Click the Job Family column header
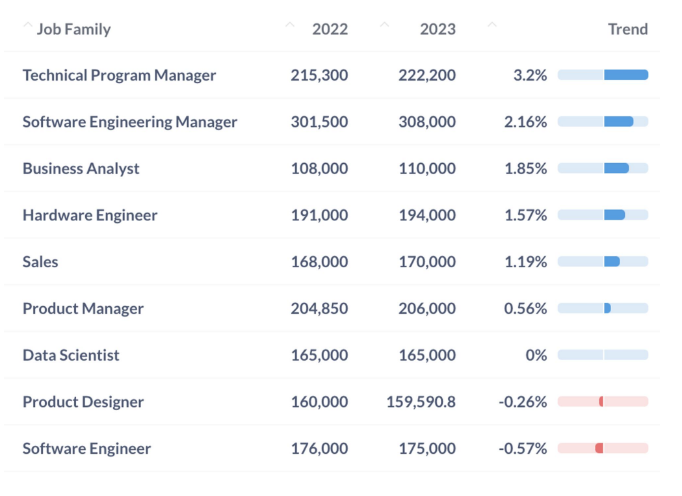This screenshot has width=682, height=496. (73, 29)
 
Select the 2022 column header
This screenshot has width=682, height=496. (330, 29)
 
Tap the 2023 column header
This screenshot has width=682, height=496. (438, 29)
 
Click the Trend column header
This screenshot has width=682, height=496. (627, 29)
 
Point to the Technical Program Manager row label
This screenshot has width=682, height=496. (119, 75)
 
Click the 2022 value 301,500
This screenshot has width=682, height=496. (319, 122)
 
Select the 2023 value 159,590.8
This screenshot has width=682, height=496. (421, 402)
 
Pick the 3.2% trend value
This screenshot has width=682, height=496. (530, 75)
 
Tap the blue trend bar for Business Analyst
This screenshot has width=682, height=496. (616, 168)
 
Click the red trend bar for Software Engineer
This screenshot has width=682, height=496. (599, 449)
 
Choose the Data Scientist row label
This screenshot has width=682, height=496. (71, 356)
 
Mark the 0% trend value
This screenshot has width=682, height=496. (536, 356)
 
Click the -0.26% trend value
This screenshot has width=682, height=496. (523, 402)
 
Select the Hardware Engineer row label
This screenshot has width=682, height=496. (90, 215)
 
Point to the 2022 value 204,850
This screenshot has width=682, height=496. (319, 309)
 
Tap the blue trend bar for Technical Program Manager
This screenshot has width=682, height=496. (625, 75)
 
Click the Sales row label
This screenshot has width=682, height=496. (40, 262)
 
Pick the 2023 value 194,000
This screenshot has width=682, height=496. (427, 215)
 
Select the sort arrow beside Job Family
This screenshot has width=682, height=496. (27, 26)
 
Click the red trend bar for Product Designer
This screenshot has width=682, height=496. (601, 402)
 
